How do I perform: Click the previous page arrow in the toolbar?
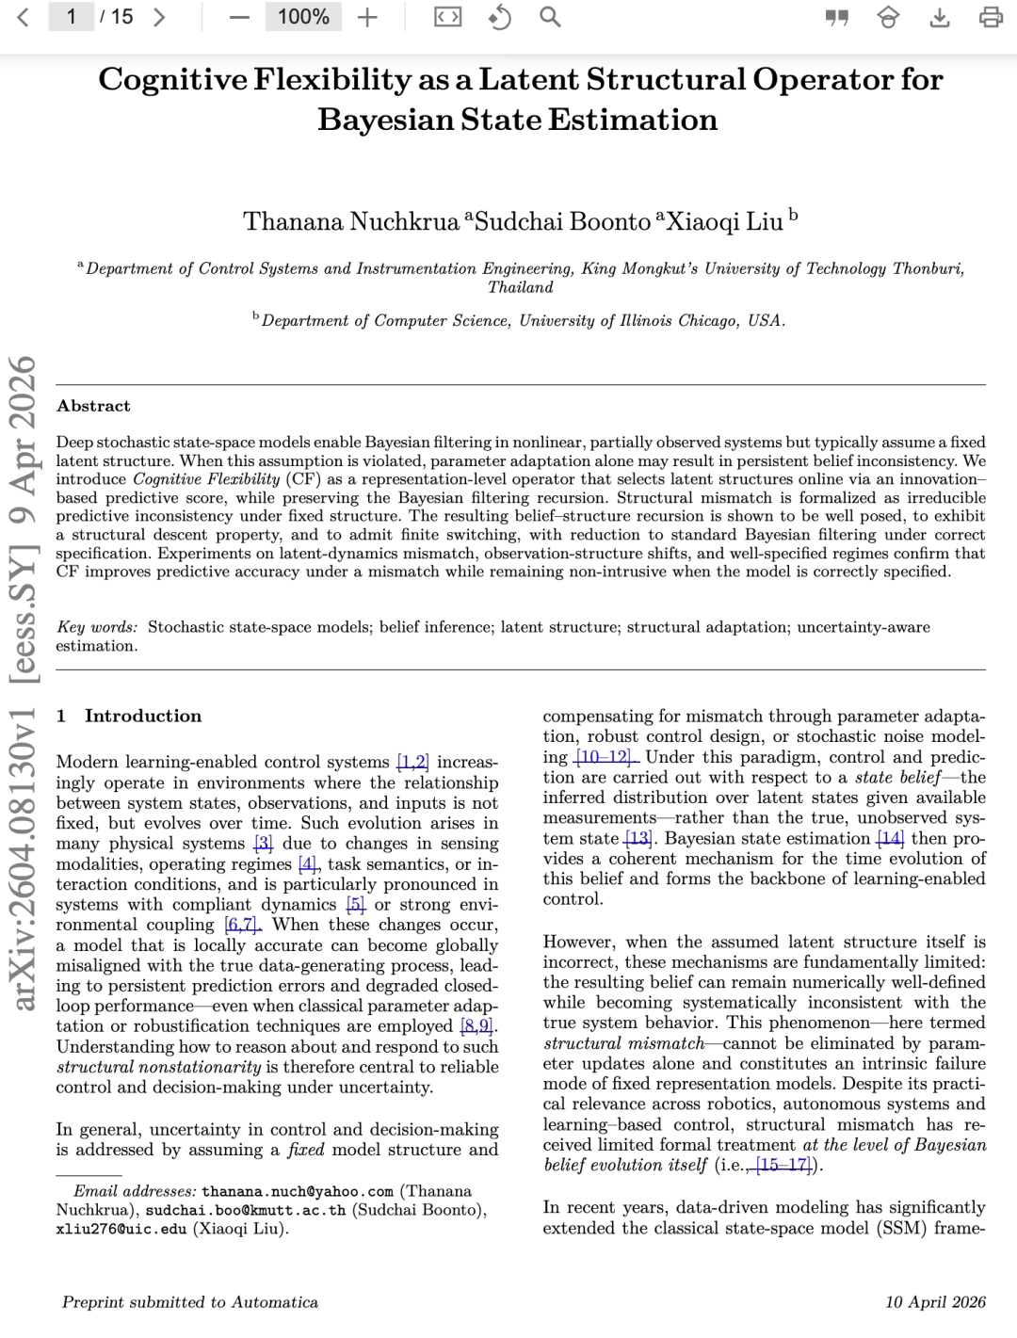[x=24, y=17]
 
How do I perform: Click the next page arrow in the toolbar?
[x=159, y=17]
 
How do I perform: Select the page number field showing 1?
[x=71, y=17]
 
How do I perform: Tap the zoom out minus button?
[x=240, y=17]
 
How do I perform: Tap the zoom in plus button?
[x=367, y=17]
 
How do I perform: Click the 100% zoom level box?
[x=303, y=17]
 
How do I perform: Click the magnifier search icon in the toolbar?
[x=550, y=17]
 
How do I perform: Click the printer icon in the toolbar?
[x=991, y=17]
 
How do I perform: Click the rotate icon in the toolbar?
[x=499, y=17]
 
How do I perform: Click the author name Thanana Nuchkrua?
[x=351, y=221]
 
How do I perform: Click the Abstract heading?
[x=93, y=406]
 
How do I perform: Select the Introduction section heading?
[x=143, y=716]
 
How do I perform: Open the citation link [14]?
[x=890, y=838]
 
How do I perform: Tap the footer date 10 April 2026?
[x=935, y=1302]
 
